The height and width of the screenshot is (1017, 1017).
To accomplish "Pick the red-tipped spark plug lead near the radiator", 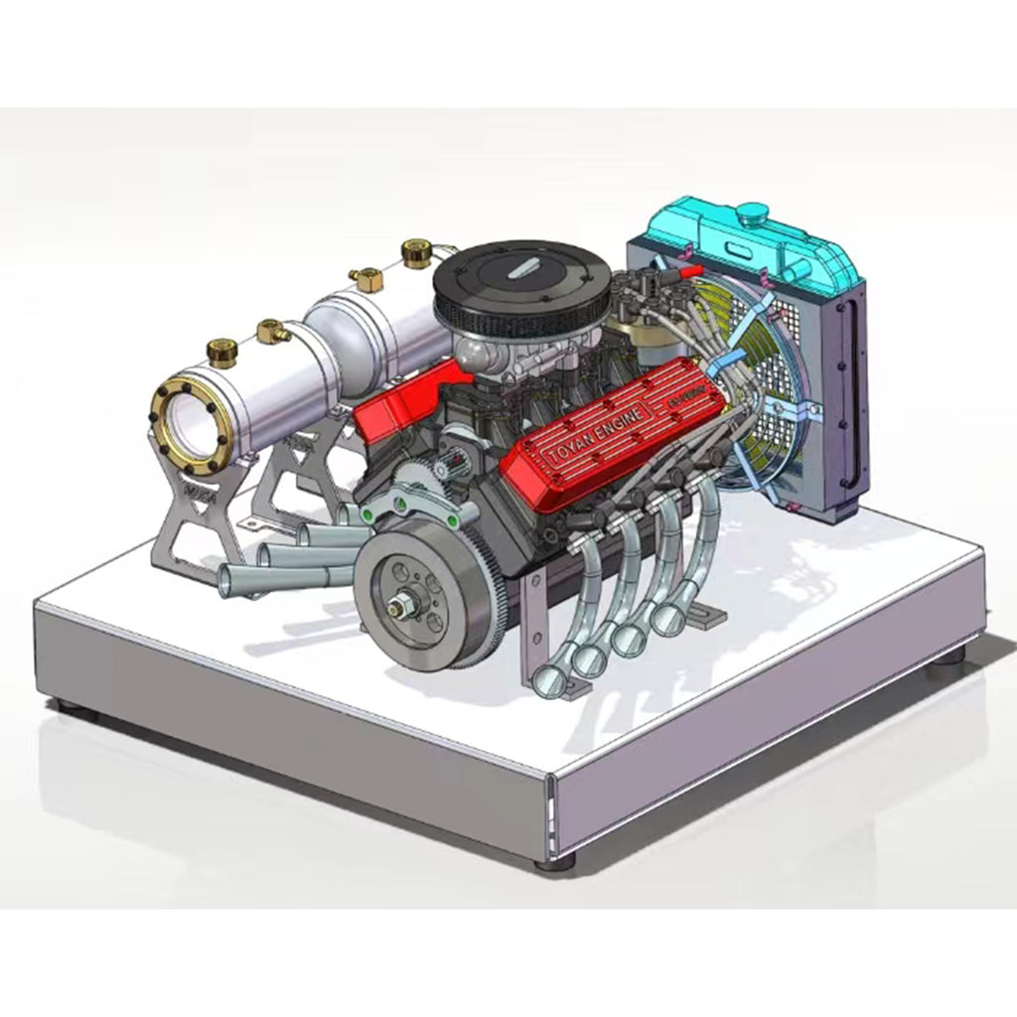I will point(684,268).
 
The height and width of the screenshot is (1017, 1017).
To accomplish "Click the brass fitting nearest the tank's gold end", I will point(221,350).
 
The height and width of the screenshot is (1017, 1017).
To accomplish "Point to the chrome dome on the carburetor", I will point(475,349).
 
